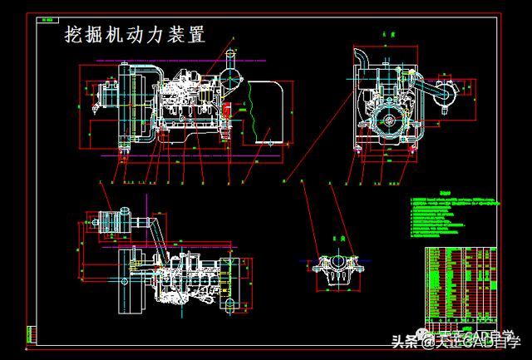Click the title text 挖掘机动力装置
[x=135, y=35]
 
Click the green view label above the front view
[x=384, y=36]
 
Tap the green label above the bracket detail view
[x=337, y=239]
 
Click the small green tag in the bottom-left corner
[x=32, y=335]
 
